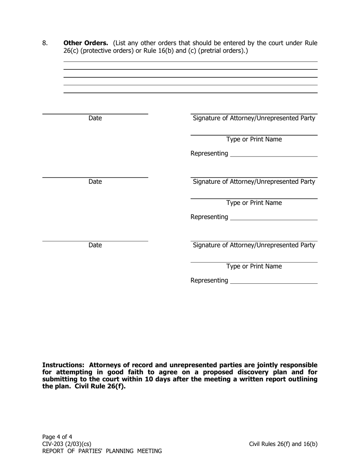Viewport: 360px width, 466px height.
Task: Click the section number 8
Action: [x=45, y=43]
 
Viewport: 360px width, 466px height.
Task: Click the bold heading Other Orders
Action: [x=86, y=43]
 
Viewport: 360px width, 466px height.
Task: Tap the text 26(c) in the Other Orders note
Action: [x=71, y=50]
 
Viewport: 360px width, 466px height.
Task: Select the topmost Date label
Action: [x=95, y=118]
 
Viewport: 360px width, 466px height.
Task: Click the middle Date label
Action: [x=95, y=182]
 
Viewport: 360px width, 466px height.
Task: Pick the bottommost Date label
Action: [x=95, y=245]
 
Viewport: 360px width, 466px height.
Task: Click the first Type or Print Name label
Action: [x=254, y=139]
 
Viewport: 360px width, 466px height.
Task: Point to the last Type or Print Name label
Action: [x=254, y=266]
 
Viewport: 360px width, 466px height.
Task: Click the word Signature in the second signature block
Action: [x=207, y=182]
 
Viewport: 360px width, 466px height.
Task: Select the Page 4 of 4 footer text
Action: [x=57, y=436]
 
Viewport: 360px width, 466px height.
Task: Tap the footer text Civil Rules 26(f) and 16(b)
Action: [x=283, y=444]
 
